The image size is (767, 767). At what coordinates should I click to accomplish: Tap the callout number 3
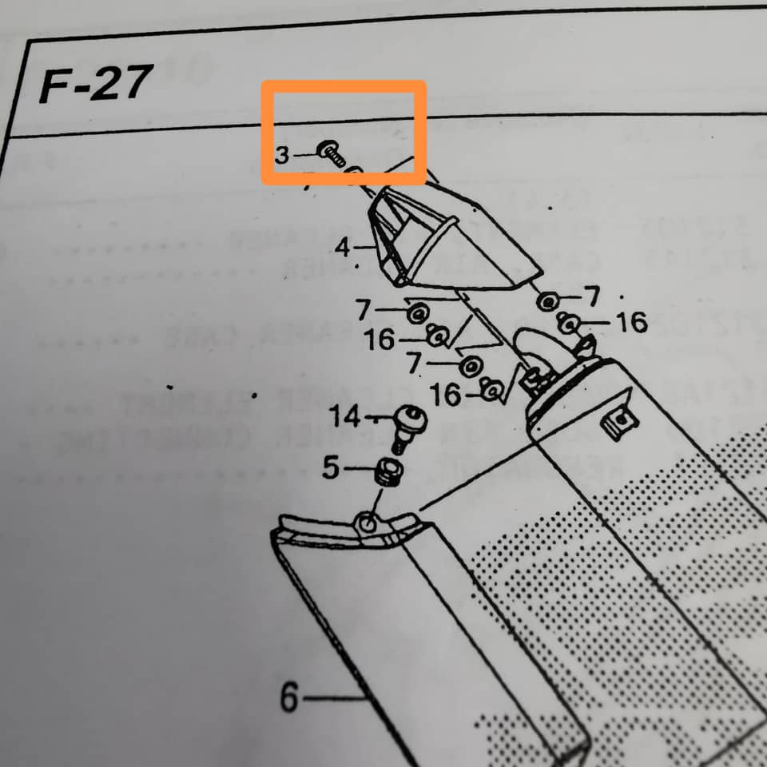tap(282, 155)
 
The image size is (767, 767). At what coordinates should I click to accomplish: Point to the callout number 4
tap(343, 248)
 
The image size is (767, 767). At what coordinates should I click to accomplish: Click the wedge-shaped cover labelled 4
tap(447, 240)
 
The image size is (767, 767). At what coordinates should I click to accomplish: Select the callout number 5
tap(331, 468)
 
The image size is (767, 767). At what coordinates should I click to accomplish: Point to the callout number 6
tap(288, 699)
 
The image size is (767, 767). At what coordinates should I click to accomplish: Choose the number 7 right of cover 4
tap(592, 297)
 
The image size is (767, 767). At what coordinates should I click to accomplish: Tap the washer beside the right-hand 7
tap(548, 302)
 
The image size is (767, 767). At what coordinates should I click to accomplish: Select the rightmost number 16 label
tap(632, 323)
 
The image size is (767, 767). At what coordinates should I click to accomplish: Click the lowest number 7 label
tap(414, 364)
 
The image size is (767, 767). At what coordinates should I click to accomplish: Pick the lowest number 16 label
tap(444, 394)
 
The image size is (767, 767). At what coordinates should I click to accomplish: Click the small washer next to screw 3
tap(355, 171)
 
